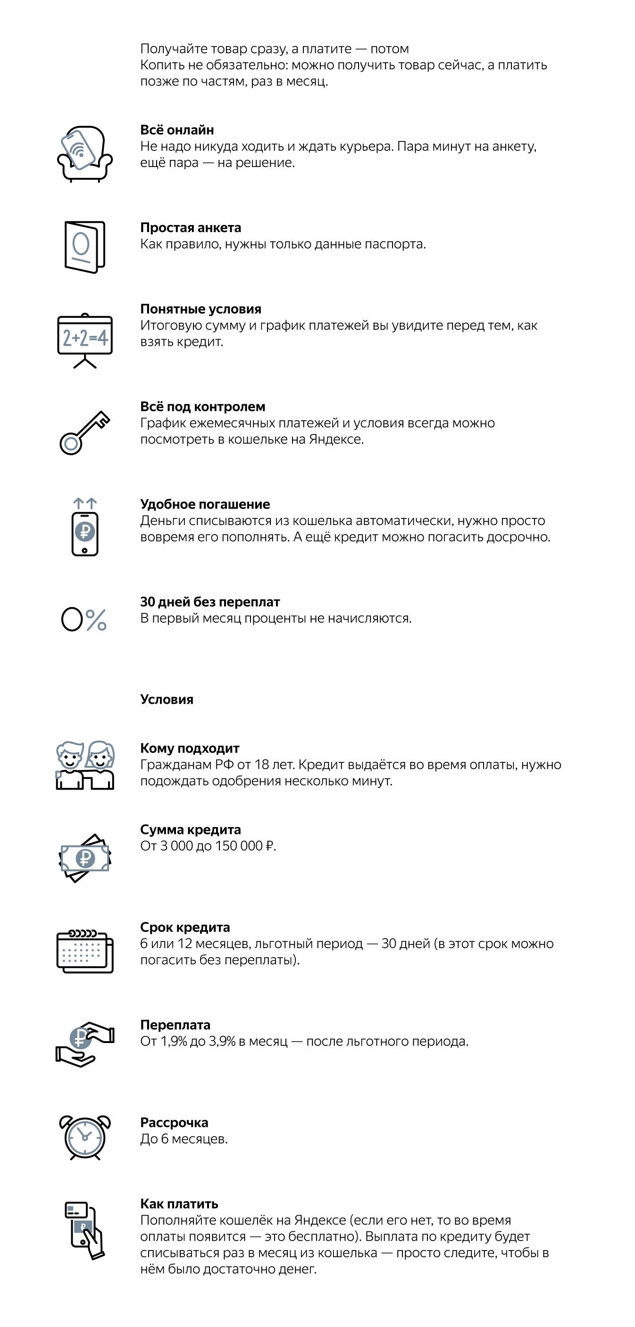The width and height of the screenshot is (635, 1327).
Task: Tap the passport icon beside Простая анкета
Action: (84, 247)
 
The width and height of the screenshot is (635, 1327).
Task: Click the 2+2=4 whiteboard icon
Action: (84, 340)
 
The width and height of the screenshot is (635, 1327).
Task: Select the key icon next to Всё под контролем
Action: (84, 432)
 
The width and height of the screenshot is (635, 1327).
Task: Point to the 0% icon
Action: (84, 619)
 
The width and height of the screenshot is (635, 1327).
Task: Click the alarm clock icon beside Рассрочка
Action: (84, 1137)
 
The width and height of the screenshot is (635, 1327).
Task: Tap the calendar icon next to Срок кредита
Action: (84, 951)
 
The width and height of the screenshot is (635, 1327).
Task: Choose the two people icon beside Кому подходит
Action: (84, 765)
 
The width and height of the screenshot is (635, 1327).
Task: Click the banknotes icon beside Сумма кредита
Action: (84, 858)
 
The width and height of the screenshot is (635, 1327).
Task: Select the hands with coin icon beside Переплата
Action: (84, 1043)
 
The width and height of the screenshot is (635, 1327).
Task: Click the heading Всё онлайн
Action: (176, 130)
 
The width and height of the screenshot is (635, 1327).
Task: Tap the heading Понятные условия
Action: (201, 309)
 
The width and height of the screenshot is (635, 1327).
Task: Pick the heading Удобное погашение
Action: (205, 504)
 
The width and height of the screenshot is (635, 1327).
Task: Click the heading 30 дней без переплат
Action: (209, 601)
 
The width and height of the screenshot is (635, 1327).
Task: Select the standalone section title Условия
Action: (167, 700)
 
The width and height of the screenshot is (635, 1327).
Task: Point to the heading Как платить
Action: (179, 1204)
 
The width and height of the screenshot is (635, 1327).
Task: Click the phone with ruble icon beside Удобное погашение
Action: (84, 527)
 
